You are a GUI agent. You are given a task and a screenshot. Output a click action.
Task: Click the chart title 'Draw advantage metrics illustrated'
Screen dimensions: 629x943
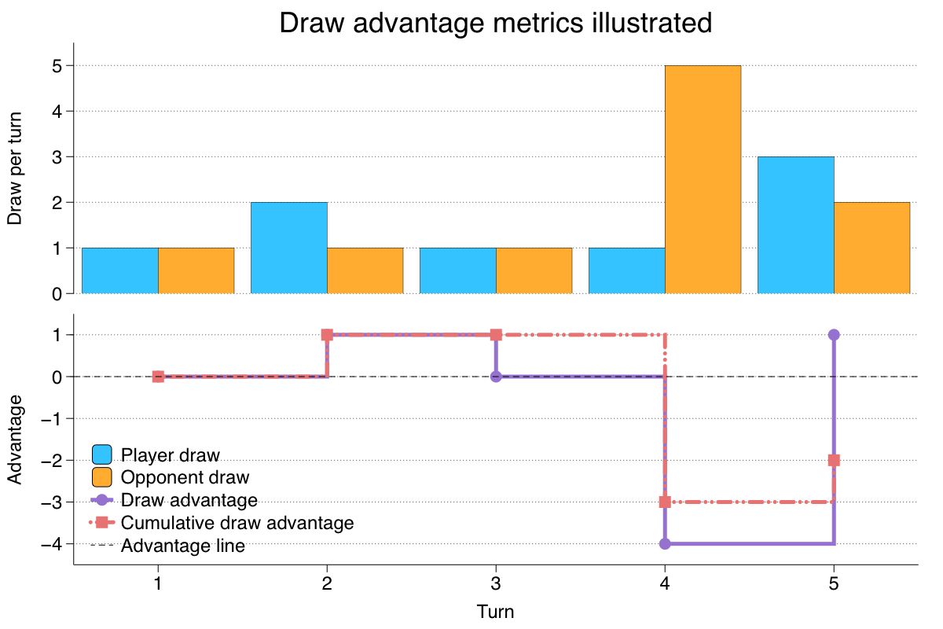[x=495, y=23]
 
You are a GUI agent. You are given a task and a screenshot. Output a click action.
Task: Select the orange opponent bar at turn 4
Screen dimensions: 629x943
[x=703, y=179]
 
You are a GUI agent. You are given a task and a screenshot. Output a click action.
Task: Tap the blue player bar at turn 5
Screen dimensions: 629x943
[x=795, y=225]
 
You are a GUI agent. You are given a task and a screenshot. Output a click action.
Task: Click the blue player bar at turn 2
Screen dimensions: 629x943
[x=288, y=248]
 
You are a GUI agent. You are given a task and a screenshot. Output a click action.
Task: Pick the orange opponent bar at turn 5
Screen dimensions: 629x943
[x=871, y=248]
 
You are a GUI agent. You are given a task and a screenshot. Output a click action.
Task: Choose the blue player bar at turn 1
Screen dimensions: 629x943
[x=119, y=270]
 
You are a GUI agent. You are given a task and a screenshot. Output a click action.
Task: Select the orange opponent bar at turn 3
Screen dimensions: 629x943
[x=534, y=270]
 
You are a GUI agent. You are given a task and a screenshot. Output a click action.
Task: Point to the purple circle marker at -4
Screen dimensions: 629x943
[x=665, y=543]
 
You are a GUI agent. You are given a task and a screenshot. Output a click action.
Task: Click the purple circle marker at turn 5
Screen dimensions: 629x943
[x=834, y=335]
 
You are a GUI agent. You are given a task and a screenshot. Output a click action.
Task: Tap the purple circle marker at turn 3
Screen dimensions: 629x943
[x=496, y=377]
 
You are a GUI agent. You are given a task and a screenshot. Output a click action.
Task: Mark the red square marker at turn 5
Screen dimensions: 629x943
[x=834, y=460]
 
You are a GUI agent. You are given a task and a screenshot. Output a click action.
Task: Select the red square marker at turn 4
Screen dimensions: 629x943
[x=665, y=502]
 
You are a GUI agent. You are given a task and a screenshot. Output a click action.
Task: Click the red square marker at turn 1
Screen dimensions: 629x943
[x=158, y=377]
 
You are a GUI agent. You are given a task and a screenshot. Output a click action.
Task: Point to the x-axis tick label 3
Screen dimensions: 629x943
[x=496, y=584]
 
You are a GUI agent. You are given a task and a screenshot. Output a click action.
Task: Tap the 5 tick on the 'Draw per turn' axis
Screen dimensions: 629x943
[x=57, y=66]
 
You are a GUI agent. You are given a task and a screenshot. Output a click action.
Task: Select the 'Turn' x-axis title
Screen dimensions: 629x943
[x=495, y=612]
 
